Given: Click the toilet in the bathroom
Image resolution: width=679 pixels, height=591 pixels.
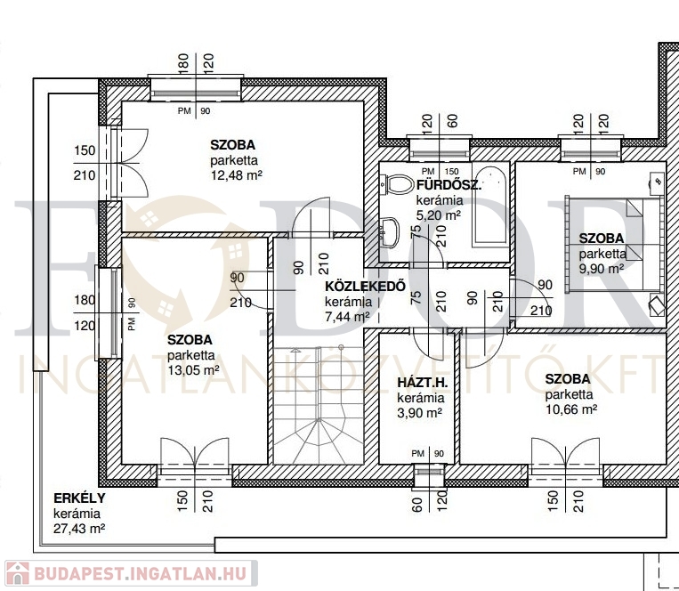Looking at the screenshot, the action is click(396, 185).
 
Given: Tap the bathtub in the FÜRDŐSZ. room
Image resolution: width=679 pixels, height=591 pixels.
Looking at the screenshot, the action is click(490, 207).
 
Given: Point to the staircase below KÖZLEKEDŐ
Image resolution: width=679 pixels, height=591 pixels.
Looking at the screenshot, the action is click(319, 405).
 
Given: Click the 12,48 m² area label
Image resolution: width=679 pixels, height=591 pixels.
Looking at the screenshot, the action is click(237, 175).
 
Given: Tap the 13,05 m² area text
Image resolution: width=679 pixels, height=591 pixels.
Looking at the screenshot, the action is click(193, 370).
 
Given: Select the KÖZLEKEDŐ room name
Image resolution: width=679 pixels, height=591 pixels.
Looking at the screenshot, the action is click(365, 287).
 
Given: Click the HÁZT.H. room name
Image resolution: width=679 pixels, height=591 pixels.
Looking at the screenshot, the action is click(422, 383).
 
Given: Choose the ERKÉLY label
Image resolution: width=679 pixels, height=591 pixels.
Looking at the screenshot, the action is click(79, 498).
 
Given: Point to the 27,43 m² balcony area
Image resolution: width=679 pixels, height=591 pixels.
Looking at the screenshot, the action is click(79, 529).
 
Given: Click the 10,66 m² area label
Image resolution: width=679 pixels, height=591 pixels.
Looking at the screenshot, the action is click(571, 409).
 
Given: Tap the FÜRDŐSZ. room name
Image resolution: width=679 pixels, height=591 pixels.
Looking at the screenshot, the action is click(449, 185).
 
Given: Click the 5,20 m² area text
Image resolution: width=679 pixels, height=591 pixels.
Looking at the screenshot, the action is click(438, 215).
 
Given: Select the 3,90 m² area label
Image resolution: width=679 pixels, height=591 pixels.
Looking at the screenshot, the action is click(419, 413).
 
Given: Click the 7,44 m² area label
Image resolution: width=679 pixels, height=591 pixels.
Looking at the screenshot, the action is click(347, 317).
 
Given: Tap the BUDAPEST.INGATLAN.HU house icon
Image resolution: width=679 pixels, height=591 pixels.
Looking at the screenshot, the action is click(17, 573).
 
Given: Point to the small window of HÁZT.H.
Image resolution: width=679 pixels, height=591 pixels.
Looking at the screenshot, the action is click(429, 475).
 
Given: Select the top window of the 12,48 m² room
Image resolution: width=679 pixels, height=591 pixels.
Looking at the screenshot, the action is click(195, 89).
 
